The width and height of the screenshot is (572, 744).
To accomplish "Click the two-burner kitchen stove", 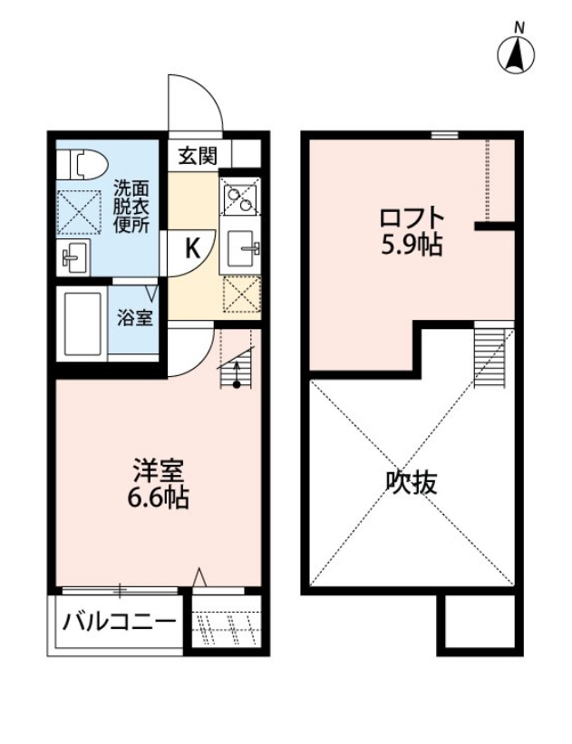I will [240, 196].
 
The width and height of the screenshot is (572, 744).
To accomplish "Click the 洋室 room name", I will [160, 471].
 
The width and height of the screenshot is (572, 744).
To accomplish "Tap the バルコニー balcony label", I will [119, 623].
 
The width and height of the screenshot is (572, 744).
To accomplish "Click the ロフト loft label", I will [412, 218].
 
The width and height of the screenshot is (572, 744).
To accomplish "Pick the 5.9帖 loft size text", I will [412, 244].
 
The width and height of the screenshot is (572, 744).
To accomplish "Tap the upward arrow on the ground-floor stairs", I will [237, 372].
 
